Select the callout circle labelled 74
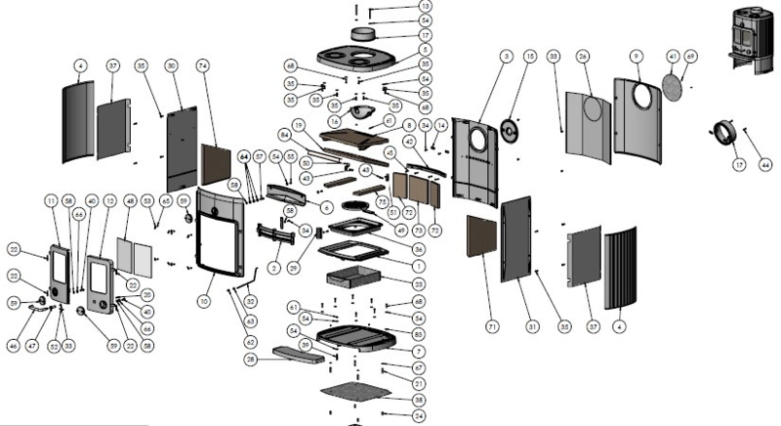click(x=203, y=64)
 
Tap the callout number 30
click(x=171, y=64)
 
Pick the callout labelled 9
click(x=636, y=56)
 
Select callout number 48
click(x=131, y=201)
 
